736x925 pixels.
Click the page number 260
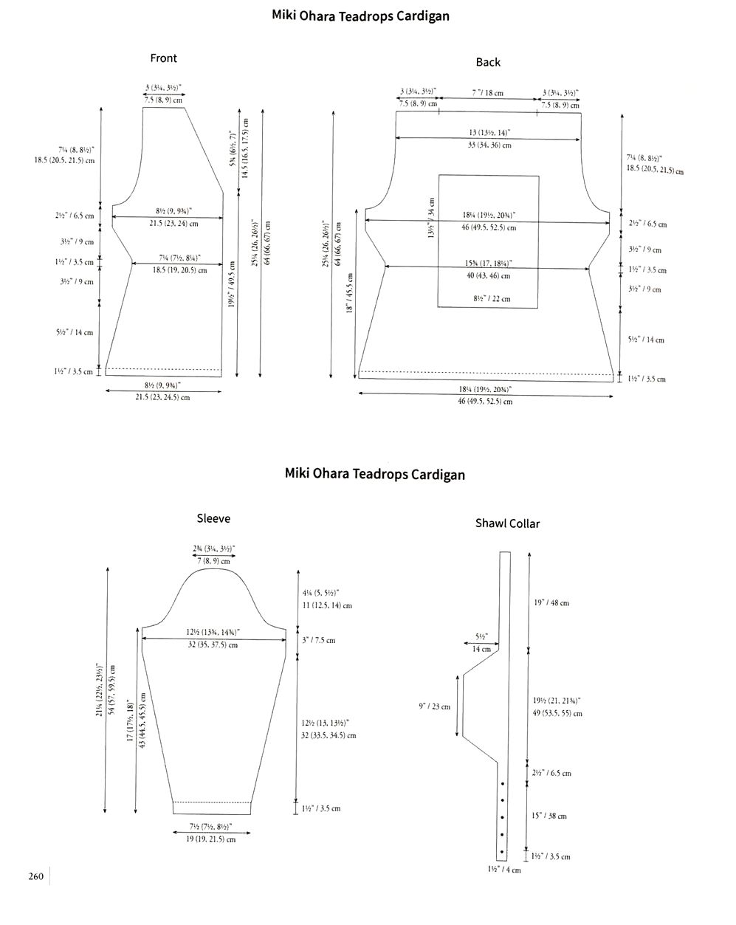click(36, 877)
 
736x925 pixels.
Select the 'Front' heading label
click(163, 58)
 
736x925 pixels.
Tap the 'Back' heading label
click(488, 62)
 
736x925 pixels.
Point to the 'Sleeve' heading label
click(213, 518)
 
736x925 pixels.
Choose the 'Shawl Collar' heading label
click(507, 523)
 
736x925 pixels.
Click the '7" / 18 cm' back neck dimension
click(487, 93)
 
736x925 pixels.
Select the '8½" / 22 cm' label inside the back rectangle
click(492, 299)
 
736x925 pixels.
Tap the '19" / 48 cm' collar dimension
click(551, 603)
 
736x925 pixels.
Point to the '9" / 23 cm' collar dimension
click(434, 706)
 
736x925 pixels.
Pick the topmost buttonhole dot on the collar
click(502, 783)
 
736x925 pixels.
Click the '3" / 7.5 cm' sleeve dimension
click(318, 640)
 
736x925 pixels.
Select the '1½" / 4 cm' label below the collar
click(503, 870)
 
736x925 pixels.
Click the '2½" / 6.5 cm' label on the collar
click(551, 773)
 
